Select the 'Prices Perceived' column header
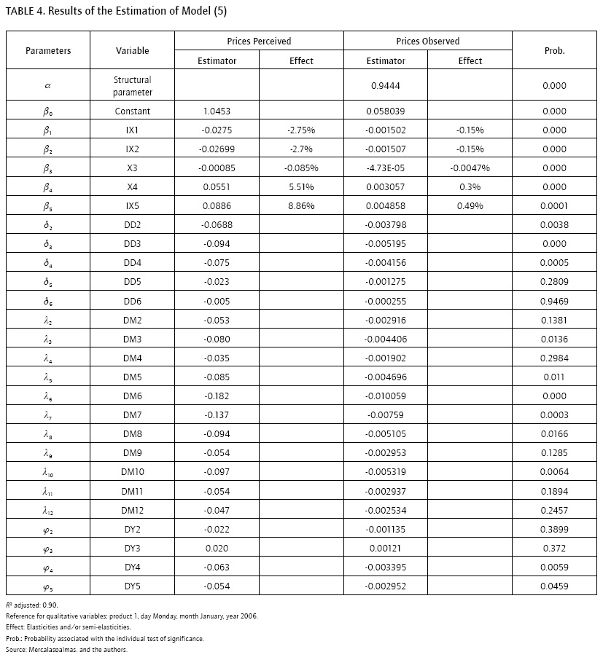[259, 42]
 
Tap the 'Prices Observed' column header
[427, 42]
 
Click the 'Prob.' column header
[554, 51]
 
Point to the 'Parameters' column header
[48, 51]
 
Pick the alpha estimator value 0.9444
[385, 86]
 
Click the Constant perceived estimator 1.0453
[217, 111]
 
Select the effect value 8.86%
[301, 206]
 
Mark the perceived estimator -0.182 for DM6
[217, 396]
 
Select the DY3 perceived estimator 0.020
[217, 548]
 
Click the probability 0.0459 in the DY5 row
[554, 586]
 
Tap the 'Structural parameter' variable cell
[133, 86]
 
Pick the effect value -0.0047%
[470, 168]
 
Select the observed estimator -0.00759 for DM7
[385, 415]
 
